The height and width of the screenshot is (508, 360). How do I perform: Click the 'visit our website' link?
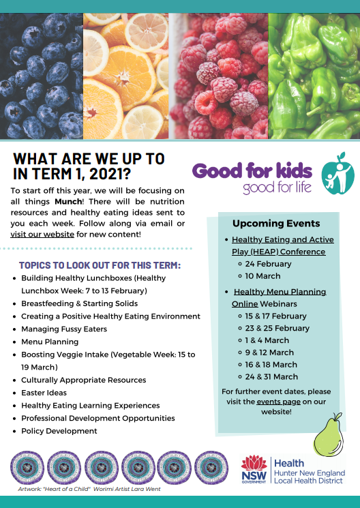pos(42,235)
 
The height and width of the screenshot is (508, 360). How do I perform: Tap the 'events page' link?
pos(278,402)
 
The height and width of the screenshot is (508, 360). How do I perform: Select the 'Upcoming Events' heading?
pos(276,224)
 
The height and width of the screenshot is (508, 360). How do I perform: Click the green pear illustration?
pos(329,434)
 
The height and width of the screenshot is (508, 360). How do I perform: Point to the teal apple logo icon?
pos(337,173)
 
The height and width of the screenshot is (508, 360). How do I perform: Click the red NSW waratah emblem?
pos(254,463)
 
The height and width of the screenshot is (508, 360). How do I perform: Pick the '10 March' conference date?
pos(262,276)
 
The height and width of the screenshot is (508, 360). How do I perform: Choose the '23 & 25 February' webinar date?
pos(277,328)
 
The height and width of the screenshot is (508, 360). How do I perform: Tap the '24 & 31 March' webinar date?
pos(271,377)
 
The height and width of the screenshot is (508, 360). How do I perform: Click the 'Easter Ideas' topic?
pos(44,393)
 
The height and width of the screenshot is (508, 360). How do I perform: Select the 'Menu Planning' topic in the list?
pos(50,342)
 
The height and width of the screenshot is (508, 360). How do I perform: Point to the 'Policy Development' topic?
pos(59,431)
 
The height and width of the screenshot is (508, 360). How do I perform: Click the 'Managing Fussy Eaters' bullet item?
pos(64,329)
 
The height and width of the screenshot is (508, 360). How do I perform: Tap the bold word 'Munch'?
pos(68,202)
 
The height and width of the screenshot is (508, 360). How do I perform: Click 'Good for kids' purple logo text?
pos(252,170)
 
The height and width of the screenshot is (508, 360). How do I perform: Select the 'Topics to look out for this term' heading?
pos(100,265)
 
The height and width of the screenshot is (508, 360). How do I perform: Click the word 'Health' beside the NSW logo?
pos(289,463)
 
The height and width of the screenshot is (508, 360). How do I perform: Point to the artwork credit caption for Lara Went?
pos(89,489)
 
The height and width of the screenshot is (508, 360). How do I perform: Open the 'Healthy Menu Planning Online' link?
pos(279,298)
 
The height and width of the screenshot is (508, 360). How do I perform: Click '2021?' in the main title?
pos(110,174)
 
